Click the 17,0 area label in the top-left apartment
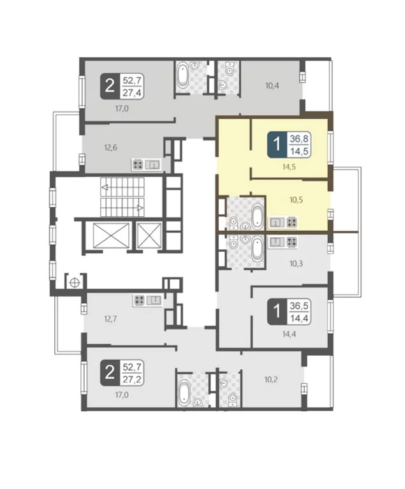[x=122, y=109]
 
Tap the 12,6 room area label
[x=110, y=147]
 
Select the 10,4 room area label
[x=272, y=85]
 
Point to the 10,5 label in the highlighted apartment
[x=297, y=200]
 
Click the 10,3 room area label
[x=296, y=264]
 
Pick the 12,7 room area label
[x=110, y=319]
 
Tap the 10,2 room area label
[x=271, y=380]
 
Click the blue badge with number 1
[x=276, y=145]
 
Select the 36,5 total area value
[x=299, y=306]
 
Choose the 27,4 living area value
[x=132, y=92]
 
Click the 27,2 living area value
[x=132, y=379]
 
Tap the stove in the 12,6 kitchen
[x=138, y=164]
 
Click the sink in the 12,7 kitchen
[x=154, y=300]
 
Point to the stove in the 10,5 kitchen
[x=291, y=222]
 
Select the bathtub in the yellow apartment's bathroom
[x=258, y=215]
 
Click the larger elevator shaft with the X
[x=111, y=235]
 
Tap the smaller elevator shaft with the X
[x=149, y=235]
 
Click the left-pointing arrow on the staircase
[x=105, y=187]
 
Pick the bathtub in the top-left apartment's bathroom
[x=182, y=76]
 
